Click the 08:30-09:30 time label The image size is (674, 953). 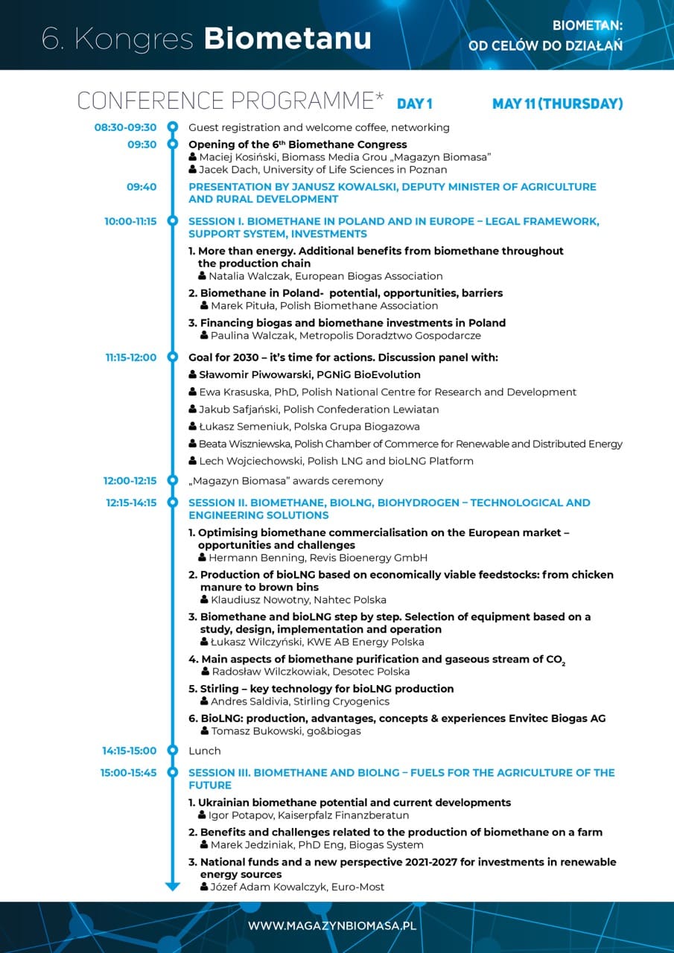click(x=125, y=127)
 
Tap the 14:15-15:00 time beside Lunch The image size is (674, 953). click(x=130, y=750)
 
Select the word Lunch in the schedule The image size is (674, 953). click(x=204, y=750)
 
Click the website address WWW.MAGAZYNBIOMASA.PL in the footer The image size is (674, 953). click(x=332, y=925)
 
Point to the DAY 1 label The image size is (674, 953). click(x=414, y=103)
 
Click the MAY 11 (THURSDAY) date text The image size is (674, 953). click(x=557, y=103)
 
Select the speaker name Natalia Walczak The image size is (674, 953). click(x=250, y=276)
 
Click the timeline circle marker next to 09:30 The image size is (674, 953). click(x=173, y=144)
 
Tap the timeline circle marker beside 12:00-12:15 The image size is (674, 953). click(x=173, y=481)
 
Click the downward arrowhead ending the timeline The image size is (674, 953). click(x=173, y=886)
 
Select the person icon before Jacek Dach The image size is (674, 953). click(x=193, y=170)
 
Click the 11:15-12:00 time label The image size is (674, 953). click(x=131, y=357)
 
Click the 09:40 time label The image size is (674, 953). click(x=142, y=187)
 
